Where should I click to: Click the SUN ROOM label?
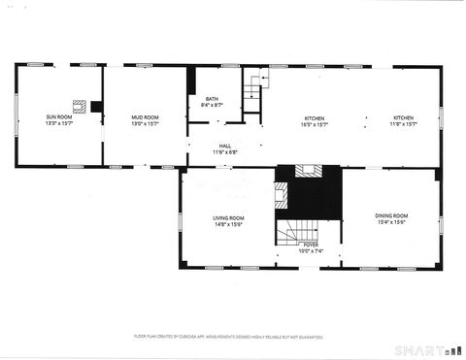pyautogui.click(x=59, y=116)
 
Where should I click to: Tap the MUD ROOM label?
pyautogui.click(x=146, y=116)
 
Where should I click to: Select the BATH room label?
pyautogui.click(x=212, y=98)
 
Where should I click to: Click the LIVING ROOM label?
pyautogui.click(x=228, y=217)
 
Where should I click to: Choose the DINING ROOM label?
pyautogui.click(x=391, y=214)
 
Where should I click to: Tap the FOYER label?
pyautogui.click(x=310, y=245)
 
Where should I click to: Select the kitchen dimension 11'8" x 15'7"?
pyautogui.click(x=403, y=124)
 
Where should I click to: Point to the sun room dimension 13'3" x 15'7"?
pyautogui.click(x=59, y=123)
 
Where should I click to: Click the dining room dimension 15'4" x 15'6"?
pyautogui.click(x=391, y=221)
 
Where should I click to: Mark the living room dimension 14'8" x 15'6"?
pyautogui.click(x=228, y=224)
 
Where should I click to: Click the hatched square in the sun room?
pyautogui.click(x=80, y=105)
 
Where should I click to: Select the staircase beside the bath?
pyautogui.click(x=252, y=92)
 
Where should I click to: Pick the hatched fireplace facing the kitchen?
pyautogui.click(x=309, y=172)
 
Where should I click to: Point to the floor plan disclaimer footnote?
pyautogui.click(x=227, y=336)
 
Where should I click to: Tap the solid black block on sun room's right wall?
pyautogui.click(x=97, y=106)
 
